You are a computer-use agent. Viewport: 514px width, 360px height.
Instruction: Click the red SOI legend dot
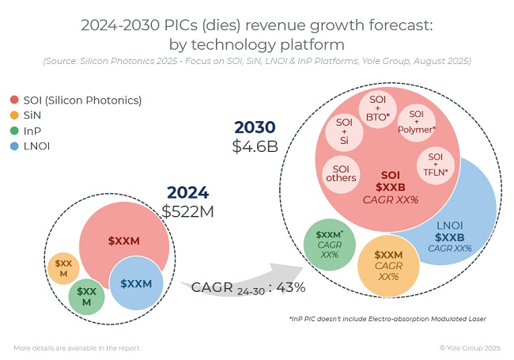coord(15,100)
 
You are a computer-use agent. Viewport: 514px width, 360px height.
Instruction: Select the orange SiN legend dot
coord(15,116)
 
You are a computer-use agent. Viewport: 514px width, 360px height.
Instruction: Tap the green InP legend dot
coord(15,131)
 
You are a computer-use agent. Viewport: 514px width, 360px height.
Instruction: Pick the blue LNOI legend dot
coord(15,146)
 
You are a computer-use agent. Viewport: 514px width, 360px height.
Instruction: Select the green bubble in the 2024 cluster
coord(87,297)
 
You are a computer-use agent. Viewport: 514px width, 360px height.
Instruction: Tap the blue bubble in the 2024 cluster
coord(136,283)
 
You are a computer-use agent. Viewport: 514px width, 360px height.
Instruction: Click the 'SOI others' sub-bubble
coord(340,173)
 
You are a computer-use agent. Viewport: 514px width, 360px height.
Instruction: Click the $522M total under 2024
coord(187,210)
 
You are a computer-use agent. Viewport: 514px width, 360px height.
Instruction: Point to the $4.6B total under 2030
coord(255,146)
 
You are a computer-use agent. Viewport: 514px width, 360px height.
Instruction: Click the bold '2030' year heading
coord(255,127)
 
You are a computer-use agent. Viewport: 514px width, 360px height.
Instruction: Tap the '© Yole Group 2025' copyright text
coord(470,347)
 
